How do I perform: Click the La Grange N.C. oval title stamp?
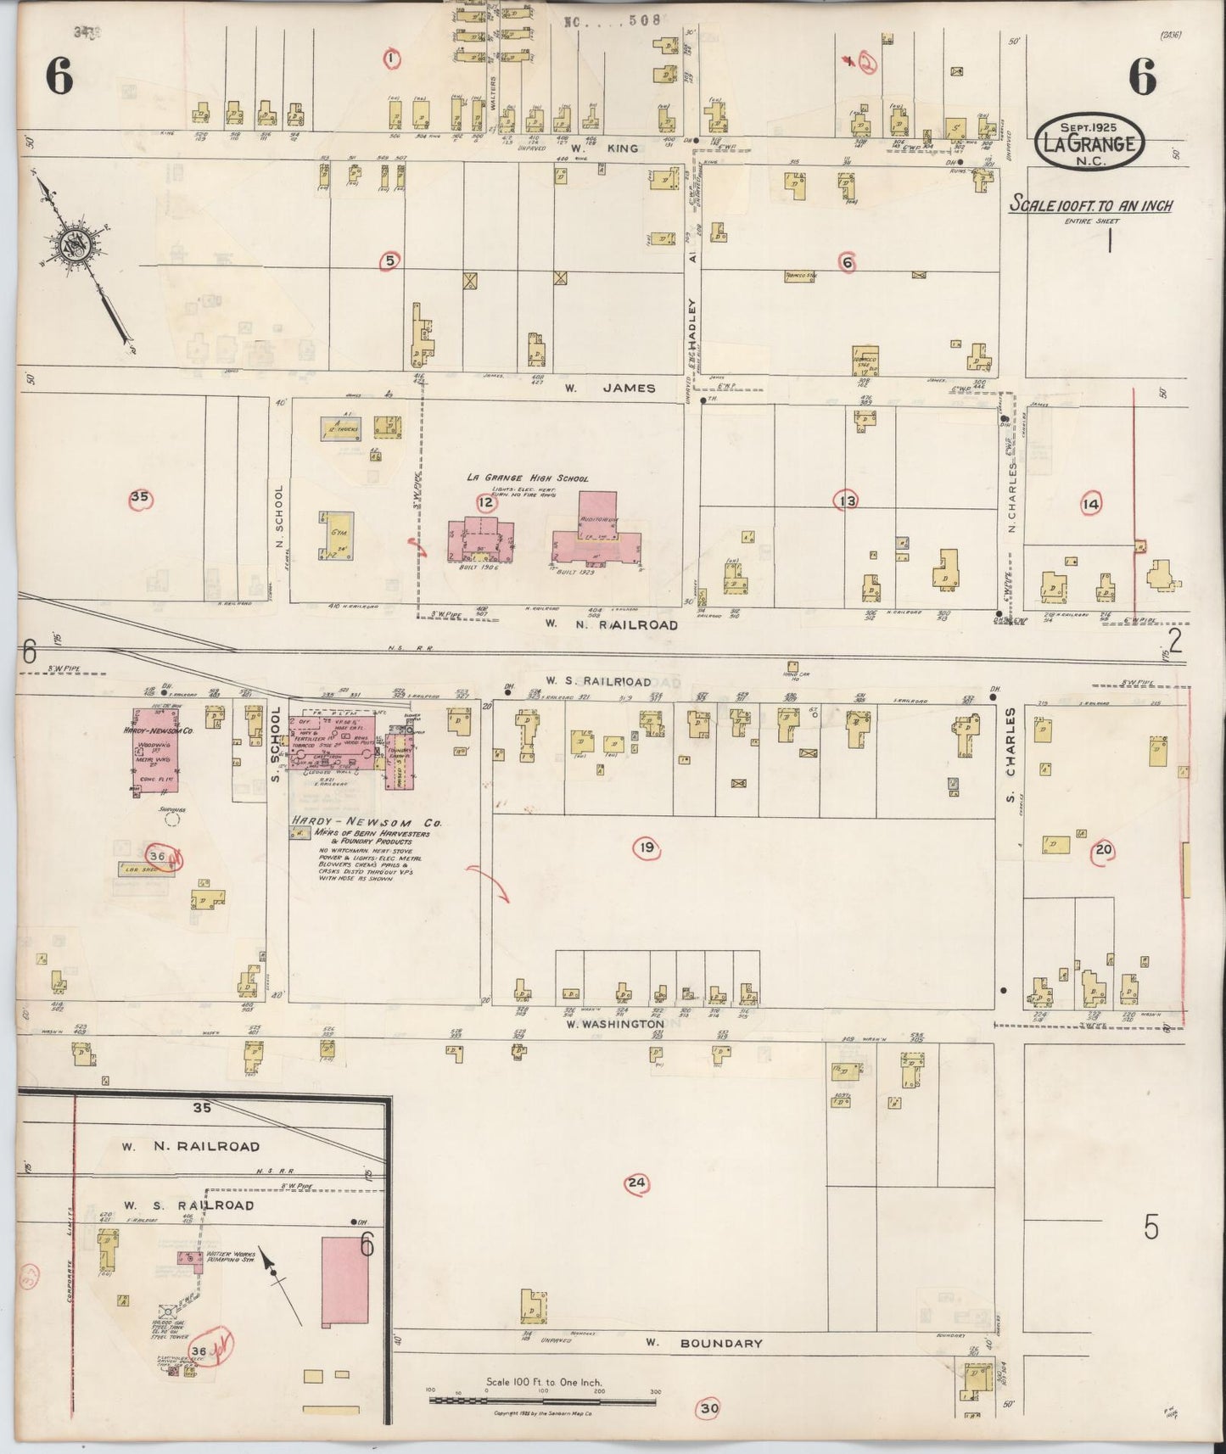click(x=1089, y=141)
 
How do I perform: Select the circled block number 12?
click(x=485, y=503)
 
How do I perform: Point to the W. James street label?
click(x=611, y=388)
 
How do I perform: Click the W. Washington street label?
click(x=616, y=1024)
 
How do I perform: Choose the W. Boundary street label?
click(x=703, y=1343)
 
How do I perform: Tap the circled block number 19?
click(x=647, y=847)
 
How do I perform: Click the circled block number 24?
click(x=635, y=1183)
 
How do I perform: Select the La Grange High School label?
click(x=527, y=478)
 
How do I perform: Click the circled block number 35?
click(x=140, y=498)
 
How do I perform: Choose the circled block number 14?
click(x=1090, y=505)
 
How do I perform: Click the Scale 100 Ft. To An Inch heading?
click(x=1090, y=205)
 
